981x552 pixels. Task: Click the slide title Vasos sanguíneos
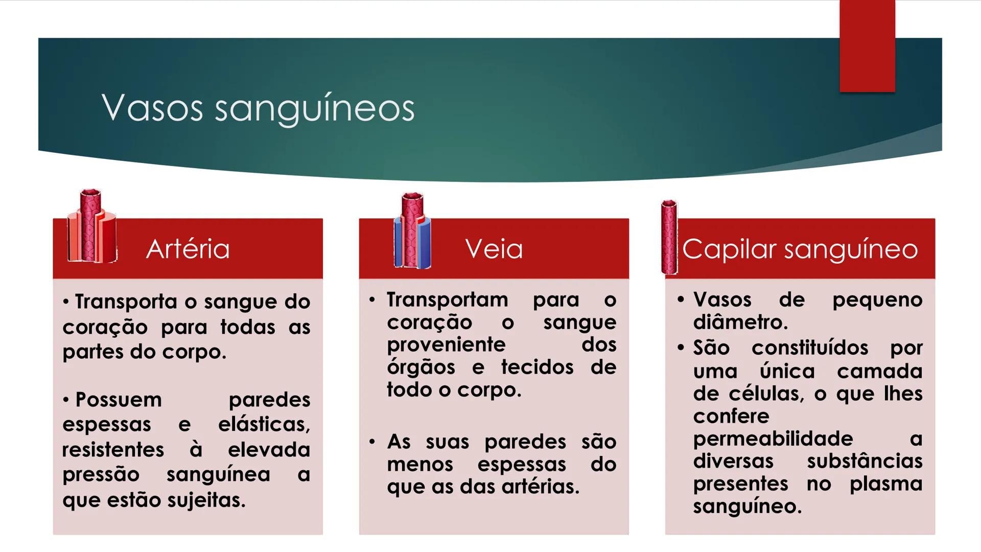click(258, 108)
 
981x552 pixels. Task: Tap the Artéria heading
click(188, 249)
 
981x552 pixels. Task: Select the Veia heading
click(494, 249)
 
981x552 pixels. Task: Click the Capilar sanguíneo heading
click(800, 249)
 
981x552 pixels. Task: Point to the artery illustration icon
click(91, 227)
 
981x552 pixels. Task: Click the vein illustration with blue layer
click(412, 231)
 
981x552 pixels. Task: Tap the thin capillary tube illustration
click(669, 237)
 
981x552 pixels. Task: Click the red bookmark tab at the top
click(867, 46)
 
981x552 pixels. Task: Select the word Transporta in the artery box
click(126, 302)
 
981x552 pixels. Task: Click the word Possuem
click(119, 400)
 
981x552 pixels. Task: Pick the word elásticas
click(264, 425)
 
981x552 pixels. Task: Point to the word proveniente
click(446, 344)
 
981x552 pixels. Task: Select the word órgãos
click(421, 367)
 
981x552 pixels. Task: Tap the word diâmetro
click(740, 323)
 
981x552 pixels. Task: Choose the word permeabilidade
click(773, 439)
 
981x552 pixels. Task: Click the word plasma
click(885, 484)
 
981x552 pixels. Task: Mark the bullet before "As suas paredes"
click(372, 441)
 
